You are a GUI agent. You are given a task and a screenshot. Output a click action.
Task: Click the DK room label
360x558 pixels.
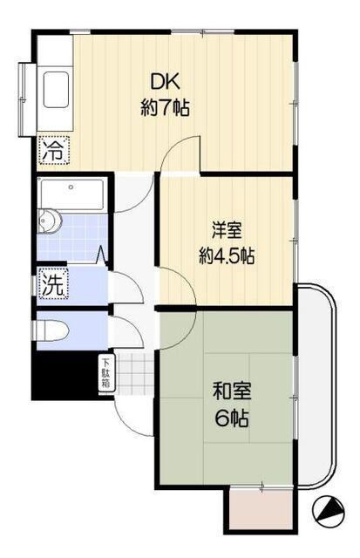click(166, 83)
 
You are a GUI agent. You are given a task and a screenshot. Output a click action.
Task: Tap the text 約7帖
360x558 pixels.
click(166, 108)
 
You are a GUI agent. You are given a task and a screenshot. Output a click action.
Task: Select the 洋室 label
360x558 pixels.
click(226, 231)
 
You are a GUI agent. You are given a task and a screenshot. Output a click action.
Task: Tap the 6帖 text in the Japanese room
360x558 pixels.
click(230, 418)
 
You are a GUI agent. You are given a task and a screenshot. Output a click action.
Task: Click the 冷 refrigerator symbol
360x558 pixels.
click(53, 149)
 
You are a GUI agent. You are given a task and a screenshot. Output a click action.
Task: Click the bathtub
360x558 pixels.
click(71, 194)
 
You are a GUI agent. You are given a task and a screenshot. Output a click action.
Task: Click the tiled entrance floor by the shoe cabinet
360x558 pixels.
click(135, 375)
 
